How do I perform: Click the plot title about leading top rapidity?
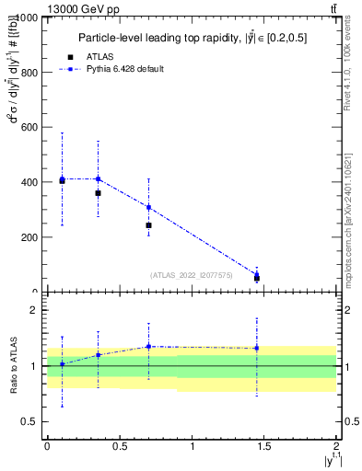192,39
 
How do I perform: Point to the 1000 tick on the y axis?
27,18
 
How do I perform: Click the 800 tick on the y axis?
29,73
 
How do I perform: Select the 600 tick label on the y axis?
29,128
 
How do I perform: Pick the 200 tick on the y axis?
29,237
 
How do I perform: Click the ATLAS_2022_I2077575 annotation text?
192,275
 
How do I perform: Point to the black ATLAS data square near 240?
148,225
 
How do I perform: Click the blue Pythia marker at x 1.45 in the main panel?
257,273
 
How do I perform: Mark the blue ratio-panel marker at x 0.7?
148,347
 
